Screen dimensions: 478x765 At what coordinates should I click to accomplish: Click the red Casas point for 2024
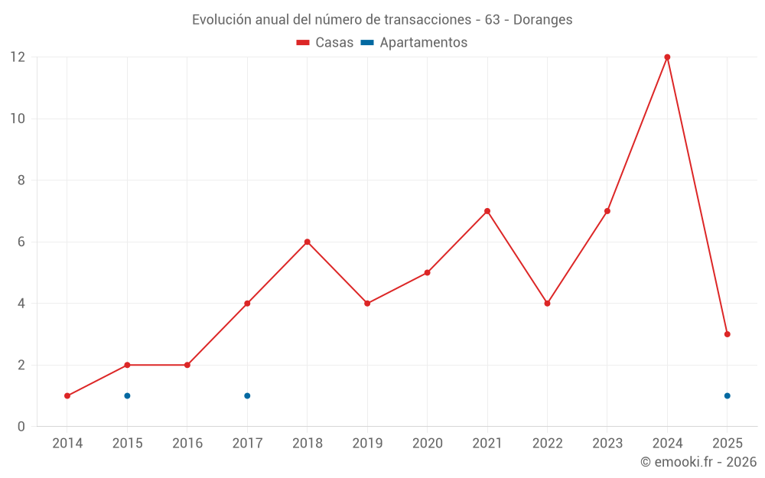667,57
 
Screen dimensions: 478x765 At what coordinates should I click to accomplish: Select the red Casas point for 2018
307,242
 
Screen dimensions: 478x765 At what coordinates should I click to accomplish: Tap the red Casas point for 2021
487,211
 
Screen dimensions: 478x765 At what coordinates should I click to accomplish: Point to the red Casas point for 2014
67,395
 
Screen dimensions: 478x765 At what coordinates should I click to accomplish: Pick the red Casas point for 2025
727,334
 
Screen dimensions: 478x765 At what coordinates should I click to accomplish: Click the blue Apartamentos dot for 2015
127,395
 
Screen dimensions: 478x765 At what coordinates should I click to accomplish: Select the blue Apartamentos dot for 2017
247,395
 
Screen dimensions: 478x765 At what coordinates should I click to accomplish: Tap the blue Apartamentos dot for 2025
727,395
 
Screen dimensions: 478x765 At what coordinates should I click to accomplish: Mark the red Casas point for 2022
547,304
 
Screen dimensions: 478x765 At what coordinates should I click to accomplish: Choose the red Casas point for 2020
427,272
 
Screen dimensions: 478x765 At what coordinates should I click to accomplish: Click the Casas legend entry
325,43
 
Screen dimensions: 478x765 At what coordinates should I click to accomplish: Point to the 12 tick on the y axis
18,57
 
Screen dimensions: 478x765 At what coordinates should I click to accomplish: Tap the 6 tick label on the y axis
21,242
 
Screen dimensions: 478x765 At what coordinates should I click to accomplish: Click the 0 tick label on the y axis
21,426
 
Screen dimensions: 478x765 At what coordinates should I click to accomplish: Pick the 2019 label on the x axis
367,443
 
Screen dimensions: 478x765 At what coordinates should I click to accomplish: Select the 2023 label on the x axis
607,443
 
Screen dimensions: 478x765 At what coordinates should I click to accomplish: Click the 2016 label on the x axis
187,443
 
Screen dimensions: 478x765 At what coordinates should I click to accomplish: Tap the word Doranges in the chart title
542,20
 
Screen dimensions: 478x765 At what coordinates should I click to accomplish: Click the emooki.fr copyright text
698,462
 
